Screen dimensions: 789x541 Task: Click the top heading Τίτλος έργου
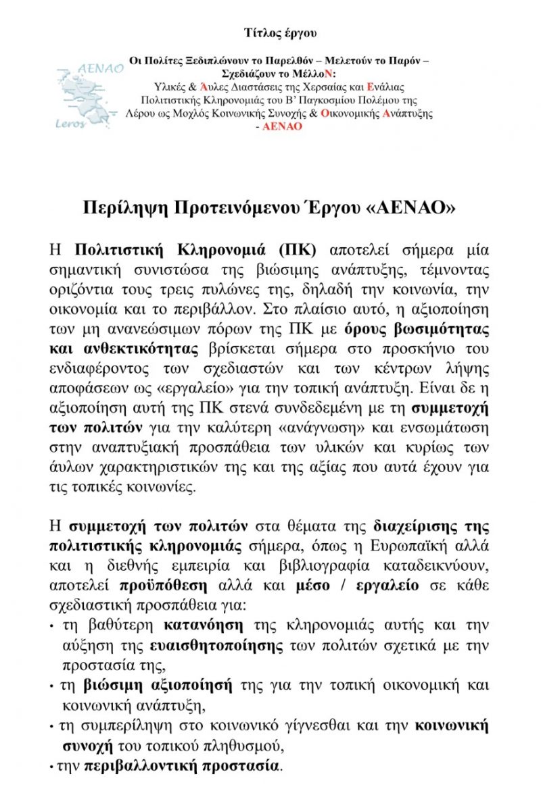point(280,32)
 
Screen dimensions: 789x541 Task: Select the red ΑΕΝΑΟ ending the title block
point(283,126)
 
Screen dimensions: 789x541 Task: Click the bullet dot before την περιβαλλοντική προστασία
point(52,768)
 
